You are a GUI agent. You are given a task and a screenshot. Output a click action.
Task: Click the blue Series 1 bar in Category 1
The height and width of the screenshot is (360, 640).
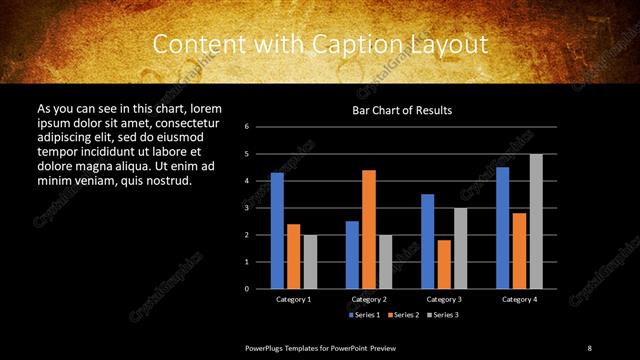coord(277,230)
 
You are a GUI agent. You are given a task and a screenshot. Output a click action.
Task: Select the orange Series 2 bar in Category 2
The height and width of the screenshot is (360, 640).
coord(369,229)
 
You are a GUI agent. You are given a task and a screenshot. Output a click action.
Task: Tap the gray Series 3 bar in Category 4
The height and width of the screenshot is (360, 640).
coord(536,221)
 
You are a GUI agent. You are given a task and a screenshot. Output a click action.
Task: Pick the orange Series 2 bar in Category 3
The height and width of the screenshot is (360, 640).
coord(444,264)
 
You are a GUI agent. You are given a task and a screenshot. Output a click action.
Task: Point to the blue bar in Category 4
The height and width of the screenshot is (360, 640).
coord(502,227)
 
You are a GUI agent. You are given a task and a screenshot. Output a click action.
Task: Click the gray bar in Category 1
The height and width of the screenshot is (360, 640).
coord(310,261)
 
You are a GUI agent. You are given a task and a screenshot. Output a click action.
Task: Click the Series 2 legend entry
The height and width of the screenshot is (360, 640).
coord(402,315)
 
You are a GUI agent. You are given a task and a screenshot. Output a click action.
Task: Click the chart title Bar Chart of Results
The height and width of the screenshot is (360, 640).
coord(402,109)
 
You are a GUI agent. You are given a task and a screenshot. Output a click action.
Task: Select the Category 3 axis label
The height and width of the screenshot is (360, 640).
coord(444,299)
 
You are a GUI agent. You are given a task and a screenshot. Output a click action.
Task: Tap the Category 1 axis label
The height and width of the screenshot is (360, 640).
coord(293,299)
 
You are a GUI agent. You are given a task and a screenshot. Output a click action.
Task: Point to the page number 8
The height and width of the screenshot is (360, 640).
coord(589,347)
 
